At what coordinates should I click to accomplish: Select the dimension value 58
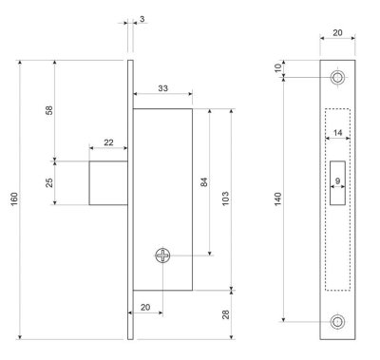(48, 109)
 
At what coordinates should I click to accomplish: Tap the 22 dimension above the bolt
(108, 142)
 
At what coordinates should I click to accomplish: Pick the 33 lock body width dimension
(162, 88)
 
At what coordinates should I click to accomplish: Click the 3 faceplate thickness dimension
(141, 18)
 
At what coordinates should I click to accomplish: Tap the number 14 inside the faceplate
(337, 133)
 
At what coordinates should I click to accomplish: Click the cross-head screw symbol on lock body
(163, 255)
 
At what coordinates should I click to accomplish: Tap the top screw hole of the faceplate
(337, 77)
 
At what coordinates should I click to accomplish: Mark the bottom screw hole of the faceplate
(337, 324)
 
